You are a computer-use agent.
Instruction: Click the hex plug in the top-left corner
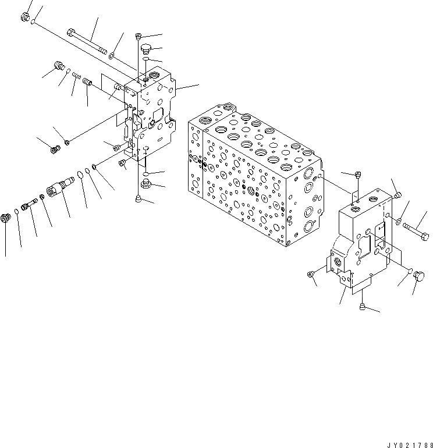[x=26, y=17]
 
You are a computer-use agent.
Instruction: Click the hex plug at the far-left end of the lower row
[x=6, y=219]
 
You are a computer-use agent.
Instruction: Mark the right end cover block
[x=364, y=239]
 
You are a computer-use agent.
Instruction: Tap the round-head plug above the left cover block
[x=145, y=47]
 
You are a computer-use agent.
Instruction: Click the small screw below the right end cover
[x=363, y=307]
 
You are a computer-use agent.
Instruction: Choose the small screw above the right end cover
[x=357, y=174]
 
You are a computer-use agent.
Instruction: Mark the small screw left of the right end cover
[x=310, y=273]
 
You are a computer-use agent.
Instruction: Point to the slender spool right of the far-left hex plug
[x=29, y=205]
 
